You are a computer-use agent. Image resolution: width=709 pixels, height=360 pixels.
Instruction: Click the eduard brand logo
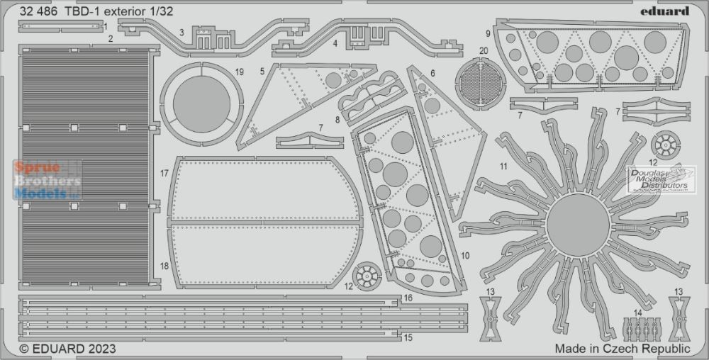tap(664, 11)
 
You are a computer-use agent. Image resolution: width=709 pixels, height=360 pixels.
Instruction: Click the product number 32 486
tap(38, 12)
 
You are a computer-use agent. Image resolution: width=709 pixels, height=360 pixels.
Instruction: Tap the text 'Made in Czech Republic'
tap(623, 349)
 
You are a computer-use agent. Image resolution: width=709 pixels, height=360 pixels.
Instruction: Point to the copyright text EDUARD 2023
tap(67, 349)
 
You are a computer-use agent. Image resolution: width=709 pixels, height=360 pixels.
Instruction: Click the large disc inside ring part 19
tap(201, 104)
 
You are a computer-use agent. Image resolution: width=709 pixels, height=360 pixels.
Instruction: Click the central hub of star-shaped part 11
tap(578, 225)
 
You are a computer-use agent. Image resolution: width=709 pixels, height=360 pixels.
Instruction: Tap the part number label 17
tap(164, 173)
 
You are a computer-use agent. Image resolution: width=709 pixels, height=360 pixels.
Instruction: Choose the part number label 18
tap(164, 266)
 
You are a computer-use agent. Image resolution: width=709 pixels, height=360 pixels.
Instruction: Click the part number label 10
tap(465, 256)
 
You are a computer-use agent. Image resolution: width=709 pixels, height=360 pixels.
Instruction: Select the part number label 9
tap(488, 33)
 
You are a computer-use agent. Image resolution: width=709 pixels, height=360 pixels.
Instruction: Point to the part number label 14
tap(637, 312)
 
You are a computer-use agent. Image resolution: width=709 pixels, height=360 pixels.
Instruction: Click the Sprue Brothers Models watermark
tap(48, 180)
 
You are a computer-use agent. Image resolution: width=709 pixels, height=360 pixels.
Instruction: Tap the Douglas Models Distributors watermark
tap(661, 179)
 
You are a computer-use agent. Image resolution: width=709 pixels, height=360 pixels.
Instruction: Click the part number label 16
tap(408, 298)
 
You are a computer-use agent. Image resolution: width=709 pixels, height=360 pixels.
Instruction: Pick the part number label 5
tap(262, 71)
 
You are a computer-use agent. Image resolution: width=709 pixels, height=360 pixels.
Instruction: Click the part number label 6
tap(432, 73)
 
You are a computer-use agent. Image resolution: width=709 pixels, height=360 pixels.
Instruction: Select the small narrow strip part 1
tap(60, 26)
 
